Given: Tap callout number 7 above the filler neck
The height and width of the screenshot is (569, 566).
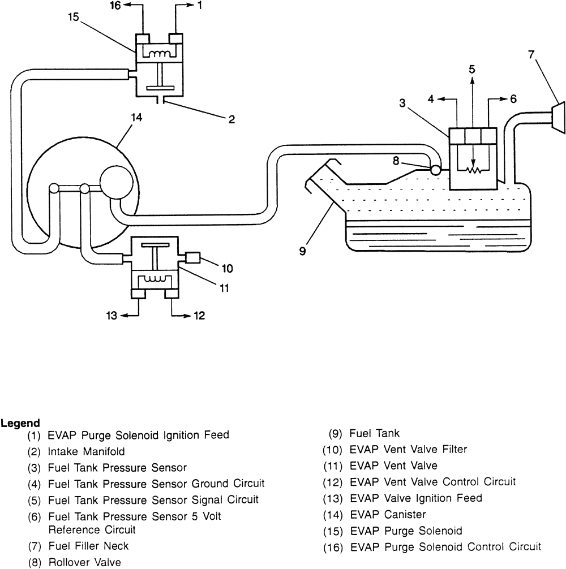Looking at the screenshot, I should (x=531, y=56).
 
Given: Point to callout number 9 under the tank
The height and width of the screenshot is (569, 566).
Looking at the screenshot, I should (x=303, y=250).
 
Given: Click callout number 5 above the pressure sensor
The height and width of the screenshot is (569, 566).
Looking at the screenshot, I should (x=472, y=69).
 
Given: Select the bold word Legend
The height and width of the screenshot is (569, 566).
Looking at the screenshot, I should (x=20, y=423).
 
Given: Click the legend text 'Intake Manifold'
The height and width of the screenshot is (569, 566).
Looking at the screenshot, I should (x=86, y=451).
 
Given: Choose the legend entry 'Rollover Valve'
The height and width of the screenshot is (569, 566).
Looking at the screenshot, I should (x=84, y=563).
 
